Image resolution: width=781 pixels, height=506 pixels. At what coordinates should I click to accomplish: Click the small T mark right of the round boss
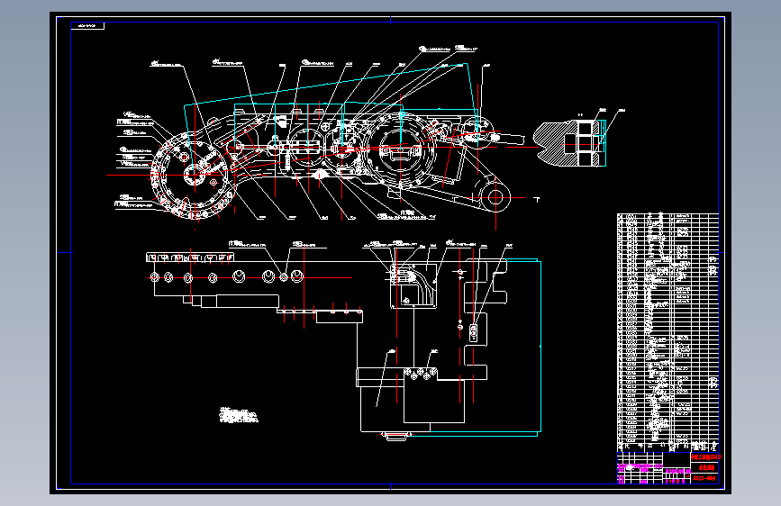point(537,196)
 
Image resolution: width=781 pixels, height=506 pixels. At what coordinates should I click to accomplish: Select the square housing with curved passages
point(409,286)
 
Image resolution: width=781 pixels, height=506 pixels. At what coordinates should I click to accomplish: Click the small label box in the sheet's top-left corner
point(88,26)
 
